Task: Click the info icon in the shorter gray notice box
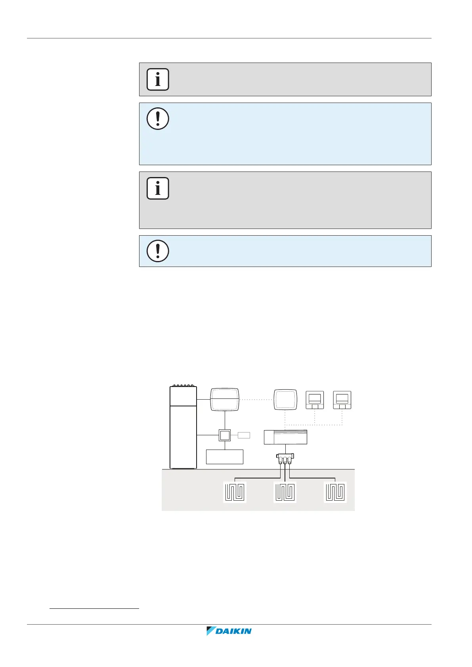(158, 79)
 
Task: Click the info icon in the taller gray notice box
(158, 188)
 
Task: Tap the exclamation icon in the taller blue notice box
(158, 118)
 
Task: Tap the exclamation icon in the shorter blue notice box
(158, 251)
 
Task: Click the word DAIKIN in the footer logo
(233, 631)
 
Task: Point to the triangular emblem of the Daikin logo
(210, 631)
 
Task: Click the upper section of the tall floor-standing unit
(183, 396)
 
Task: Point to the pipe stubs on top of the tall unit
(183, 385)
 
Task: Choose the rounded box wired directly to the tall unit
(225, 400)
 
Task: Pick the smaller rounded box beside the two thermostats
(285, 400)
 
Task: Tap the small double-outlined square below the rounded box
(225, 435)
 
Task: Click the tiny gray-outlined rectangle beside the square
(244, 435)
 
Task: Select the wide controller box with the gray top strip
(285, 437)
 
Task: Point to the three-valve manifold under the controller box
(285, 459)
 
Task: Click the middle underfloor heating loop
(285, 492)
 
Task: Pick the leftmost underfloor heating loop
(235, 492)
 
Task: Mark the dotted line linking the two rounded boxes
(256, 400)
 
